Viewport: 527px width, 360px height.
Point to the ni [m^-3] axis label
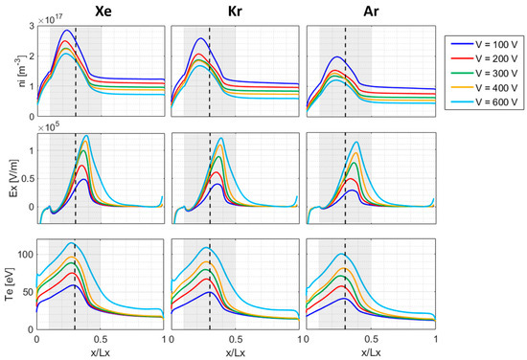(11, 71)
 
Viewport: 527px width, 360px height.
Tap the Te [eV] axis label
(11, 284)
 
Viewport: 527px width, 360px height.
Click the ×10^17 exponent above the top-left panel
(50, 17)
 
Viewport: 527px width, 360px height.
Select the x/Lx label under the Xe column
(101, 351)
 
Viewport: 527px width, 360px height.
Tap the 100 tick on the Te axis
(23, 256)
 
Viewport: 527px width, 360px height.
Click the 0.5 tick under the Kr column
(236, 339)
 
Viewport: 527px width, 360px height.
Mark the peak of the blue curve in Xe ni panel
(65, 31)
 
